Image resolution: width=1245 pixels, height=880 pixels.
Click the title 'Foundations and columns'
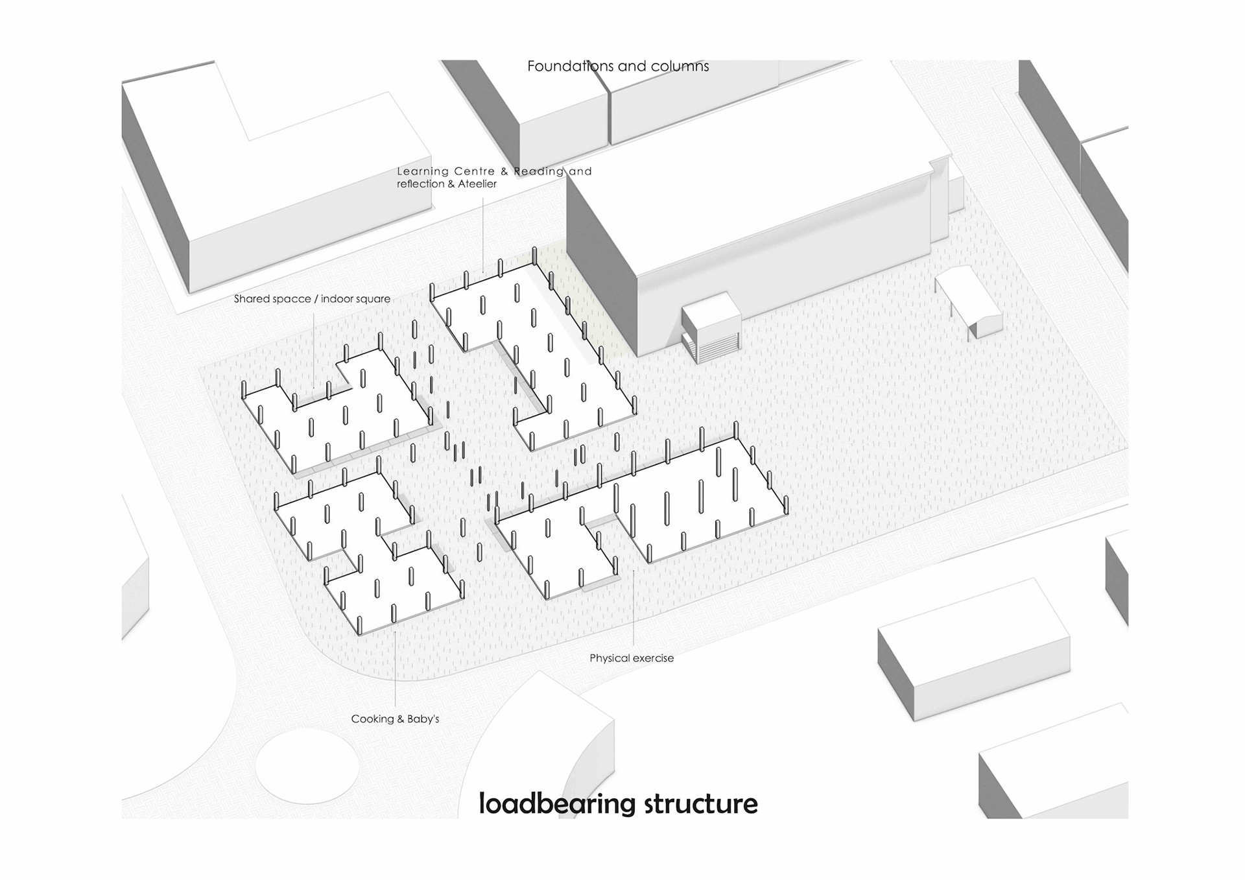617,66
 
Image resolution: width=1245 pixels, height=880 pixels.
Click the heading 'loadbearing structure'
617,803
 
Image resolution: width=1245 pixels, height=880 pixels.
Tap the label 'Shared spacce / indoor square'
312,299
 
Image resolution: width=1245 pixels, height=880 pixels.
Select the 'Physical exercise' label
631,658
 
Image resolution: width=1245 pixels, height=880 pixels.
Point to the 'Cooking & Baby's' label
395,719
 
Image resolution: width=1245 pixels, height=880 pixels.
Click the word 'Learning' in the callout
423,172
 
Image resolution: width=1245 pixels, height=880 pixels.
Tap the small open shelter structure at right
969,300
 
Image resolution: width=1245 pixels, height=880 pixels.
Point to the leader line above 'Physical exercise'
634,610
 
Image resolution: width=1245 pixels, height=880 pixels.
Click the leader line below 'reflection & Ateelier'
483,233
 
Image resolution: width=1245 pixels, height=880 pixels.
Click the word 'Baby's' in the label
423,719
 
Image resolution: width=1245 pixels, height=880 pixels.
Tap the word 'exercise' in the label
653,658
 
